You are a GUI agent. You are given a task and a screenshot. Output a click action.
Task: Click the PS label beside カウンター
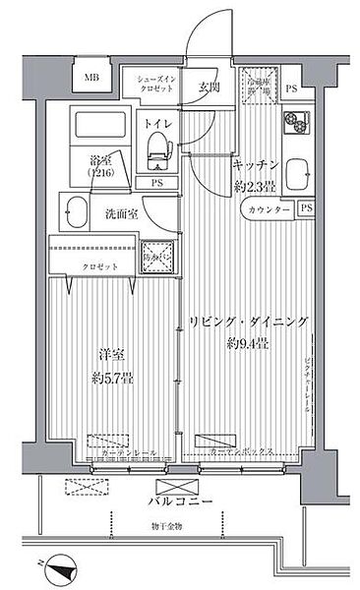coord(305,208)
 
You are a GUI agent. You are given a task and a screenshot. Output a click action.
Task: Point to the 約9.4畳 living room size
coord(249,343)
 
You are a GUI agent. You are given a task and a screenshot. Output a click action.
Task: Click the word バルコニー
coord(175,502)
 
